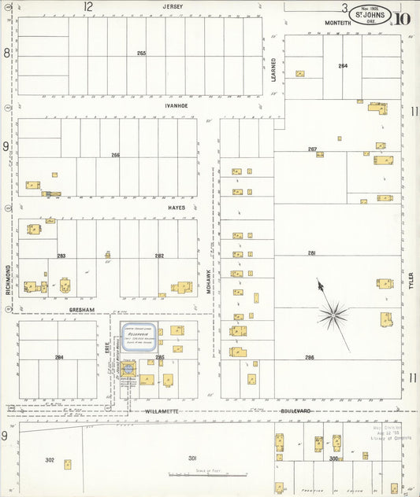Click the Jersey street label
pyautogui.click(x=173, y=6)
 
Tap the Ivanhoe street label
pyautogui.click(x=175, y=105)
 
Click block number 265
pyautogui.click(x=142, y=53)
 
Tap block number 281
pyautogui.click(x=311, y=252)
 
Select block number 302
pyautogui.click(x=50, y=459)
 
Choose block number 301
pyautogui.click(x=191, y=458)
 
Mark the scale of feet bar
pyautogui.click(x=208, y=474)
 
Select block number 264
pyautogui.click(x=343, y=66)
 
